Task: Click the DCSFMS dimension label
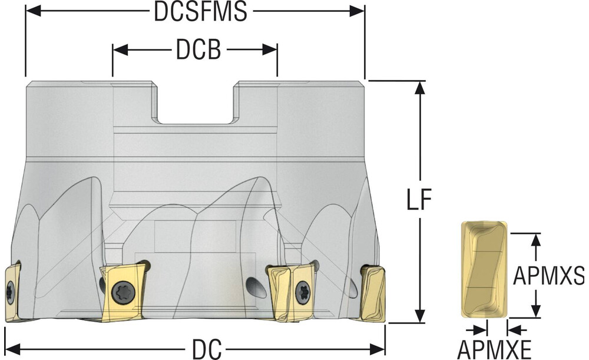(x=201, y=12)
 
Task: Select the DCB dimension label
(x=198, y=49)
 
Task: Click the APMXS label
(x=549, y=276)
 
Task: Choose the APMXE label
(x=494, y=350)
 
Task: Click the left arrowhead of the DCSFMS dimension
(x=33, y=11)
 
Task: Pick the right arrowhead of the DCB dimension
(x=270, y=49)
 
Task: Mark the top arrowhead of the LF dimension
(x=420, y=88)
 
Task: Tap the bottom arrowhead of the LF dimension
(x=420, y=315)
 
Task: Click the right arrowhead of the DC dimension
(x=377, y=349)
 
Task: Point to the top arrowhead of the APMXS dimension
(x=537, y=241)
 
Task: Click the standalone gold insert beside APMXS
(x=484, y=269)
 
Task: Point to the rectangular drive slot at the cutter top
(x=196, y=103)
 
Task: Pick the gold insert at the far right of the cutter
(x=373, y=293)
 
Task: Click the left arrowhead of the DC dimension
(x=12, y=349)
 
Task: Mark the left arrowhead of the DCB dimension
(x=121, y=49)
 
